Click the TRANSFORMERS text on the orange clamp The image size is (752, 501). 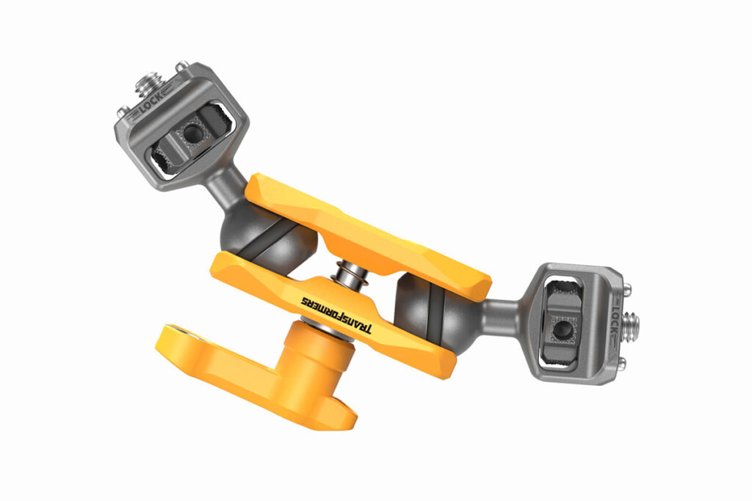336,314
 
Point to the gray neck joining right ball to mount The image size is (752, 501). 504,311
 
